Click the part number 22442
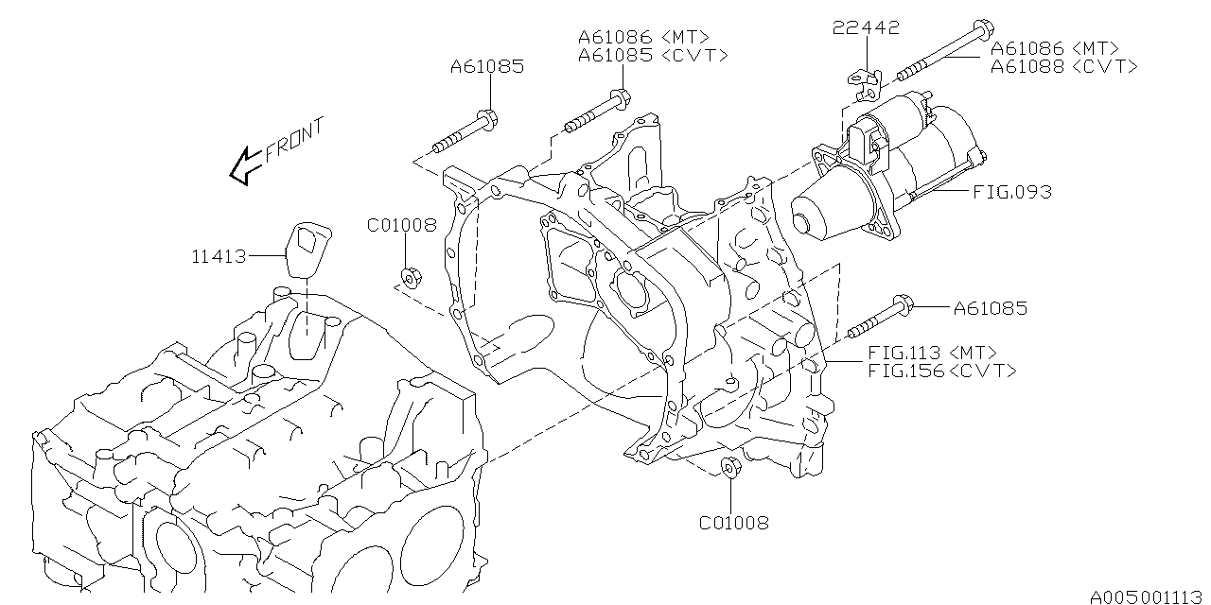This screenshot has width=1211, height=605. tap(866, 29)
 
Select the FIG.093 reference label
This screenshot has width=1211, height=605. tap(1011, 192)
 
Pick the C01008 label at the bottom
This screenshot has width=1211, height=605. tap(733, 522)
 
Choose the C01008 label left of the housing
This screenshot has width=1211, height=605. tap(402, 225)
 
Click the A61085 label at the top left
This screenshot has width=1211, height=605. tap(486, 67)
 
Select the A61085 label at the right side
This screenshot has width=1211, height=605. tap(990, 308)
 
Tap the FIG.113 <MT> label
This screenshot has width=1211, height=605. tap(932, 354)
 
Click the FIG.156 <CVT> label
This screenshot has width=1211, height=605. tap(941, 371)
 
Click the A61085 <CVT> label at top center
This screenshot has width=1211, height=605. tap(653, 55)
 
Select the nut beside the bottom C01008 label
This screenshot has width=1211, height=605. tap(729, 467)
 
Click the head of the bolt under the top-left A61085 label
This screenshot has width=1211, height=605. tap(487, 119)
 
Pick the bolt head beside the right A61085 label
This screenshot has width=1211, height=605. tap(901, 304)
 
